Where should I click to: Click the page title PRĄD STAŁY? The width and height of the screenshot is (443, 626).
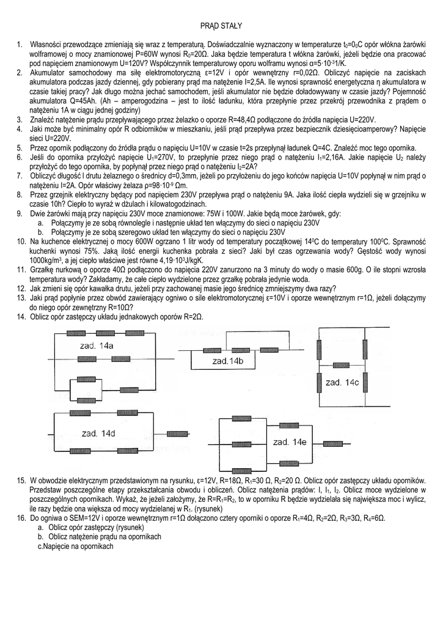221,26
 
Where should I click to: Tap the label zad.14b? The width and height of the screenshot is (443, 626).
228,361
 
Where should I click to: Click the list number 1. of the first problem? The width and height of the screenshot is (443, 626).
20,45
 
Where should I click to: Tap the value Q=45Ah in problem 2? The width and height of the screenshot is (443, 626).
77,100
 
